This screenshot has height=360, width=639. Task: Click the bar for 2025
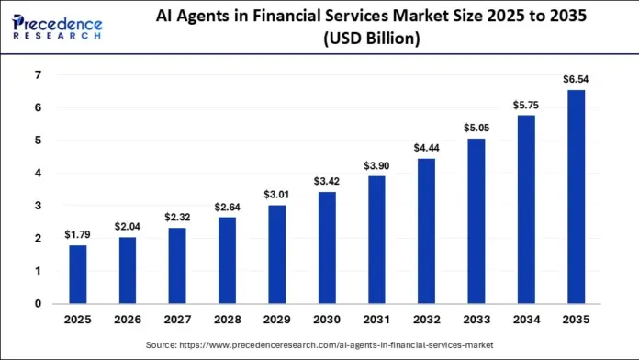[x=79, y=274]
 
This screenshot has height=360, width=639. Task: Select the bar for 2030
[x=327, y=247]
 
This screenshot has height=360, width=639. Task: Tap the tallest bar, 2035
[x=575, y=197]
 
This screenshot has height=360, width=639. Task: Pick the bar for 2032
[x=426, y=231]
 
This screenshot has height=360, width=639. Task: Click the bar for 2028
[x=228, y=260]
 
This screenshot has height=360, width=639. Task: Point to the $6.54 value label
[x=575, y=80]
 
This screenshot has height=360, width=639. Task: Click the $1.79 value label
[x=79, y=235]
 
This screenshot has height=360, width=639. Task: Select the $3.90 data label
[x=376, y=166]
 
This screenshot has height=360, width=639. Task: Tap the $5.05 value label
[x=476, y=129]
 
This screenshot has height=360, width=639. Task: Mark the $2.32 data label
[x=178, y=218]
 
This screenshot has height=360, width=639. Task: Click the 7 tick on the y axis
[x=37, y=74]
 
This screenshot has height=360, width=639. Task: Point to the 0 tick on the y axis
[x=37, y=303]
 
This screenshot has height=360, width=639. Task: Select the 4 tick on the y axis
[x=37, y=173]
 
